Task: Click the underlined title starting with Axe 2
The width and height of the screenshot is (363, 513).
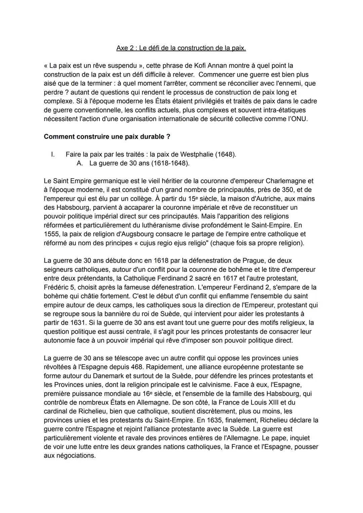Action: point(181,48)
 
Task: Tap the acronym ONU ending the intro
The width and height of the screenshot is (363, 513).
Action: point(298,119)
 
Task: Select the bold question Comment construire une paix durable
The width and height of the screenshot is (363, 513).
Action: point(107,137)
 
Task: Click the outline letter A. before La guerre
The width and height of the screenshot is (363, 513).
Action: point(80,163)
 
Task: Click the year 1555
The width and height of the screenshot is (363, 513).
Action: point(51,234)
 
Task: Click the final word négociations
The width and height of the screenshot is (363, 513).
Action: point(74,456)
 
